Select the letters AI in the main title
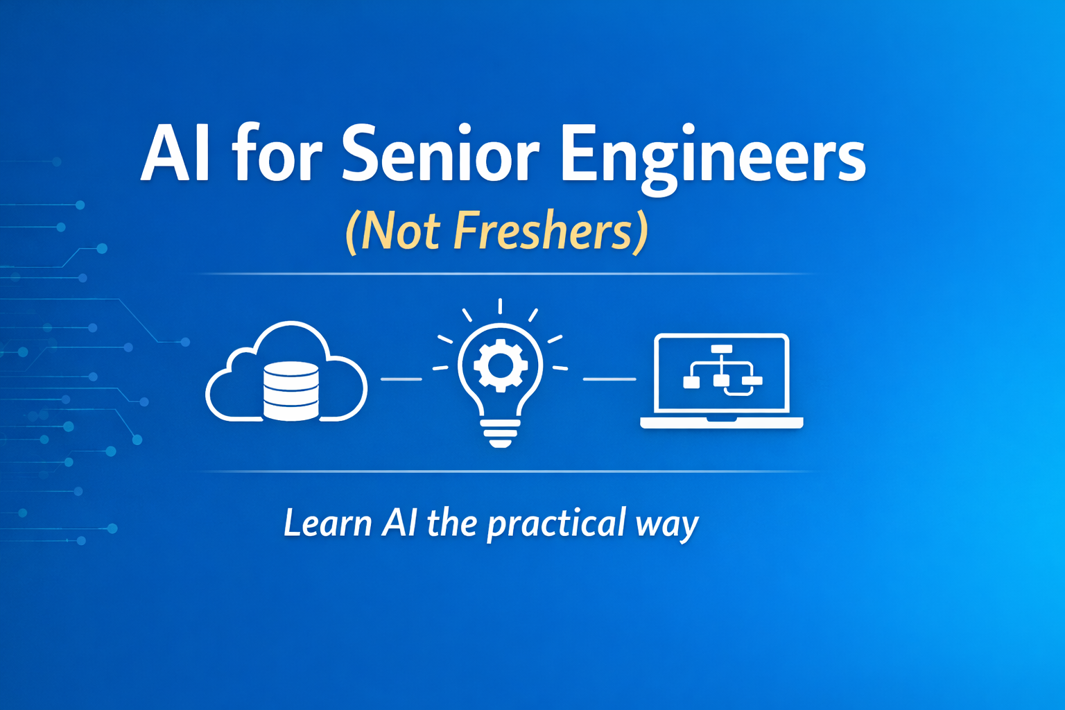pos(175,154)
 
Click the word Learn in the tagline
pos(327,523)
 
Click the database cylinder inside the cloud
pos(291,391)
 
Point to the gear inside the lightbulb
pos(500,365)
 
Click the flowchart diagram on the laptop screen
pos(722,371)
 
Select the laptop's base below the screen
pos(721,422)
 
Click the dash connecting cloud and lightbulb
pos(401,379)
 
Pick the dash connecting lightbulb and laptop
pos(609,379)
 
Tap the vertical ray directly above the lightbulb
pos(500,306)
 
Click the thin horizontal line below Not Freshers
pos(506,274)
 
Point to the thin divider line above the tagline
pos(506,471)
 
